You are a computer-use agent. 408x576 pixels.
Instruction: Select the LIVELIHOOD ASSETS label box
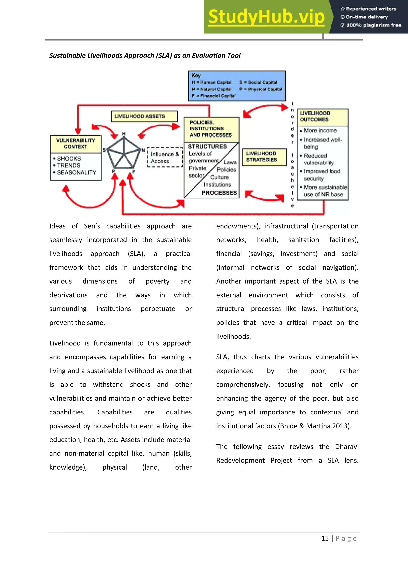(x=144, y=116)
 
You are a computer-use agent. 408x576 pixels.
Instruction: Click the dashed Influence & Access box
(x=165, y=158)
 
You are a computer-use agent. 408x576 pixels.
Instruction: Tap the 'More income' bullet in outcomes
(x=320, y=131)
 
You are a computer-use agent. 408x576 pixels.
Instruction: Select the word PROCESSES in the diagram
(x=219, y=193)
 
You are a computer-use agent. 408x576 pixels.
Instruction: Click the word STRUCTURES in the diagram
(x=207, y=147)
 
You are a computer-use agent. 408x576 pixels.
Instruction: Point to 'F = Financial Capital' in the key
(x=214, y=96)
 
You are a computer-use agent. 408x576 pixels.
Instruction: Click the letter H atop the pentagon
(x=123, y=134)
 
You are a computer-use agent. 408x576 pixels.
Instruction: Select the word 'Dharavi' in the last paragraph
(x=346, y=447)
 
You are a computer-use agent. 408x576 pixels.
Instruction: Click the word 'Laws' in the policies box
(x=230, y=162)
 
